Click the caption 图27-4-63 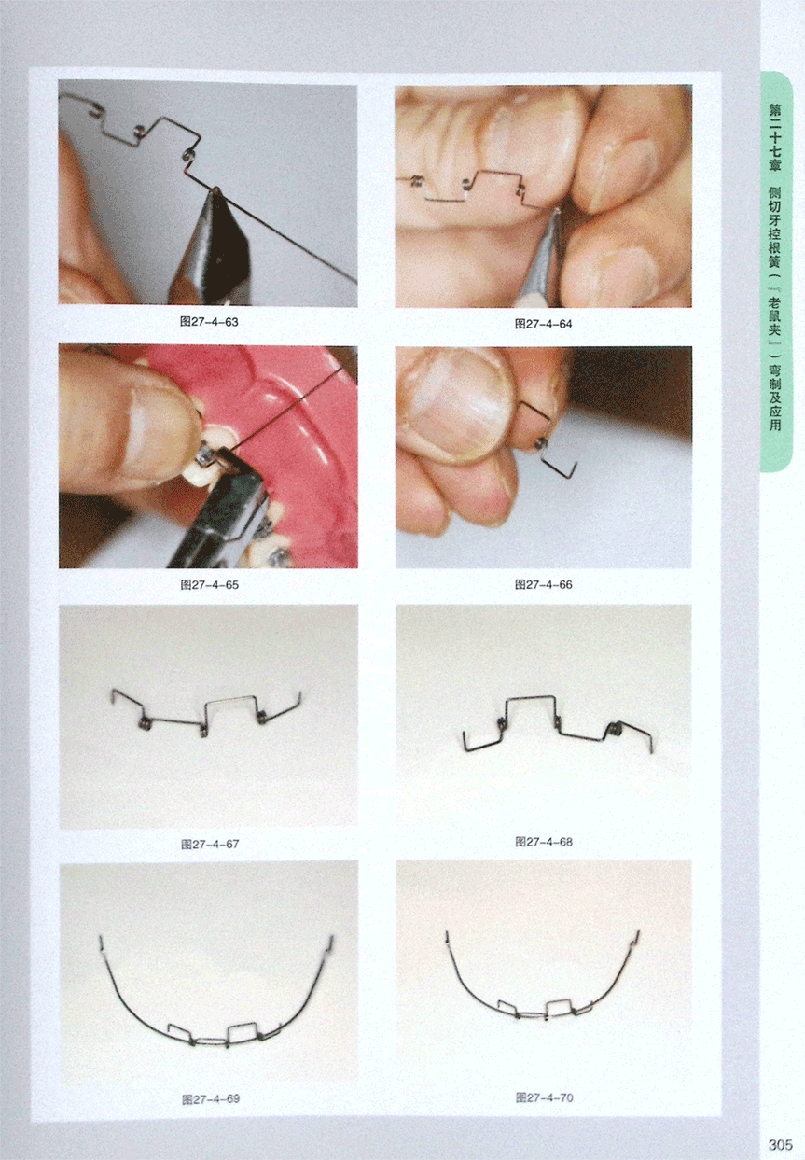point(209,322)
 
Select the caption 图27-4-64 point(543,324)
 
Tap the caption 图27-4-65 point(210,584)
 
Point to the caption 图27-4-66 point(544,584)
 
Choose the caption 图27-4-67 point(210,845)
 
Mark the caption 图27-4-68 point(544,842)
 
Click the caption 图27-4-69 point(211,1099)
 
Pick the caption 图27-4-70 point(545,1097)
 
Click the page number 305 point(781,1145)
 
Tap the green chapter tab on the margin point(776,272)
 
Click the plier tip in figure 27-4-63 point(215,190)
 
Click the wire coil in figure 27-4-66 point(540,443)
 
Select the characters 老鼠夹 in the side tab point(775,315)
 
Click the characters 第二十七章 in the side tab point(775,137)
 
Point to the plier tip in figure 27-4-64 point(556,213)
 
